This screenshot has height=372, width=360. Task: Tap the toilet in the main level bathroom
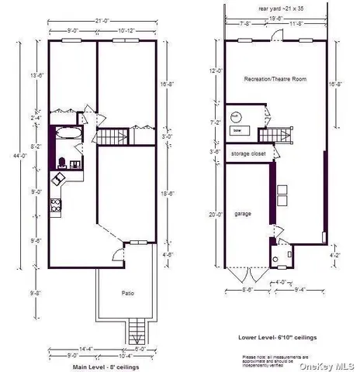61,163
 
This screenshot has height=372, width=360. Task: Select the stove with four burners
55,205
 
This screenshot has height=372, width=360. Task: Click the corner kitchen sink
59,179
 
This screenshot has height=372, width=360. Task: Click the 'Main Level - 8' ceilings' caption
106,365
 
